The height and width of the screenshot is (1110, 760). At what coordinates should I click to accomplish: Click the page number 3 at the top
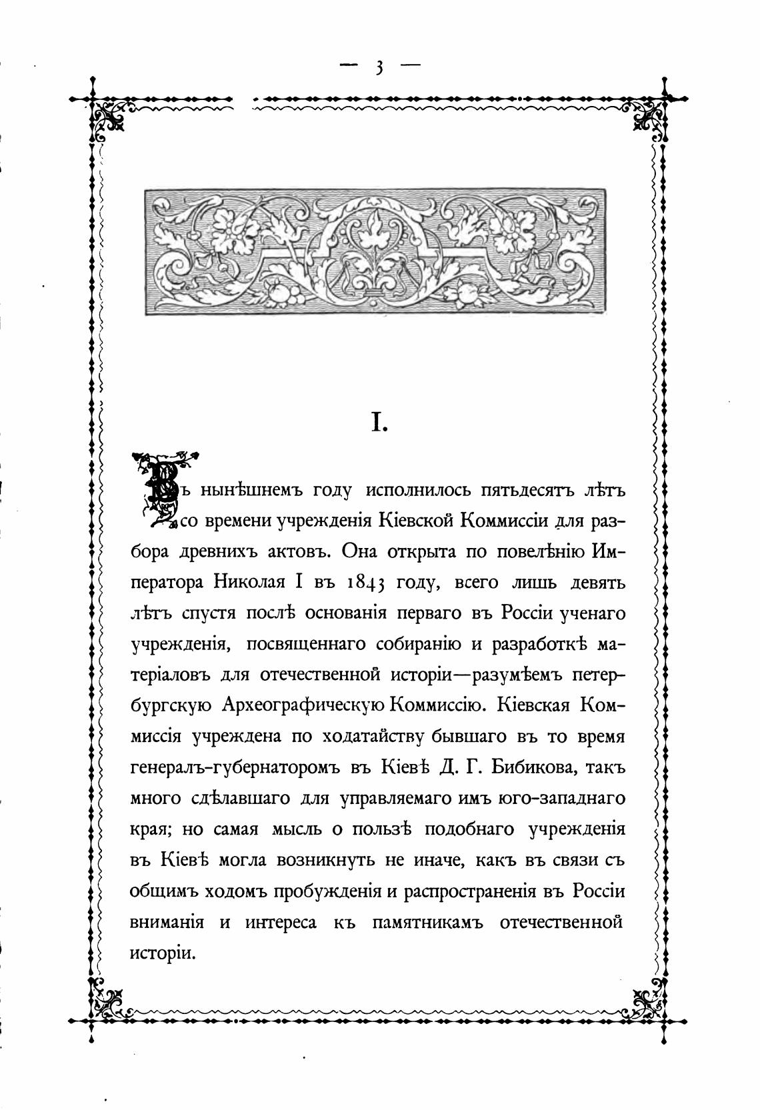pyautogui.click(x=379, y=67)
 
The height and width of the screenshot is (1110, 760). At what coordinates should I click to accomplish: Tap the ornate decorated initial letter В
pyautogui.click(x=163, y=487)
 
